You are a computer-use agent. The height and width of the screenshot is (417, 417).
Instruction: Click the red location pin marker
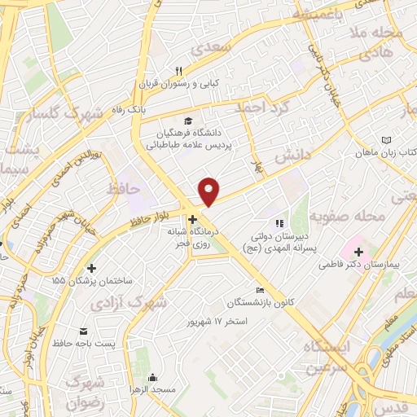(x=210, y=191)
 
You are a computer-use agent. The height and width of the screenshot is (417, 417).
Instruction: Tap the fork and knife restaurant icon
(x=180, y=71)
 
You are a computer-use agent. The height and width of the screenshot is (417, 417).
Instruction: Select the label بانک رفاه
(x=128, y=108)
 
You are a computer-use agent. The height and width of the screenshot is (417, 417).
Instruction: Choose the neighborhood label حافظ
(x=124, y=188)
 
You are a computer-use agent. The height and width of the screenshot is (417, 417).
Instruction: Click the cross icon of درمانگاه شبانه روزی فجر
(x=193, y=219)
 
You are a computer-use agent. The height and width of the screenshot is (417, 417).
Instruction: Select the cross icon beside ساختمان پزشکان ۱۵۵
(x=91, y=268)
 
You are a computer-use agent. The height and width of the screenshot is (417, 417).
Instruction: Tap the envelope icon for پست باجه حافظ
(x=83, y=331)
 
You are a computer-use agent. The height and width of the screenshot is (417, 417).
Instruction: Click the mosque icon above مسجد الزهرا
(x=151, y=377)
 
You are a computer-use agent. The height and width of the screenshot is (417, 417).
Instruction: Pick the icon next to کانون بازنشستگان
(x=260, y=291)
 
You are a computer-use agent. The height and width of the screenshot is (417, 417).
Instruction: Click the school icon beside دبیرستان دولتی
(x=278, y=222)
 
